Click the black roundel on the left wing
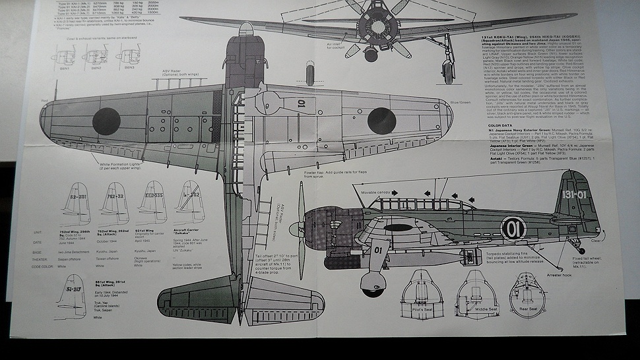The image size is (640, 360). pos(106,121)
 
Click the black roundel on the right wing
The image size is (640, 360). pos(381,120)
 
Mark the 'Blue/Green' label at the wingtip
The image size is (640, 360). pos(460,102)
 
